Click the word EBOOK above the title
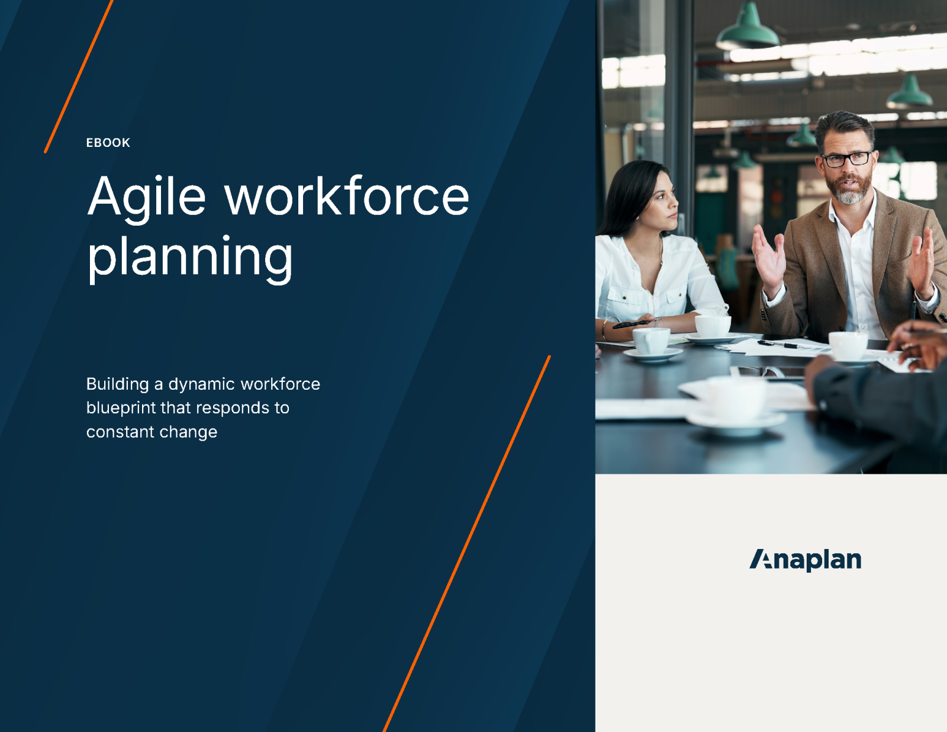pos(108,143)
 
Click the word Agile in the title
pos(147,197)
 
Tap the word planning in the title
pos(190,257)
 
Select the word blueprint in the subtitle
pos(121,408)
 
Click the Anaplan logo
pos(805,560)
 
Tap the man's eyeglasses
pos(847,159)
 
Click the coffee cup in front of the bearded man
pos(848,346)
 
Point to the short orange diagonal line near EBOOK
pos(78,77)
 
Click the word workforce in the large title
pos(346,197)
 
